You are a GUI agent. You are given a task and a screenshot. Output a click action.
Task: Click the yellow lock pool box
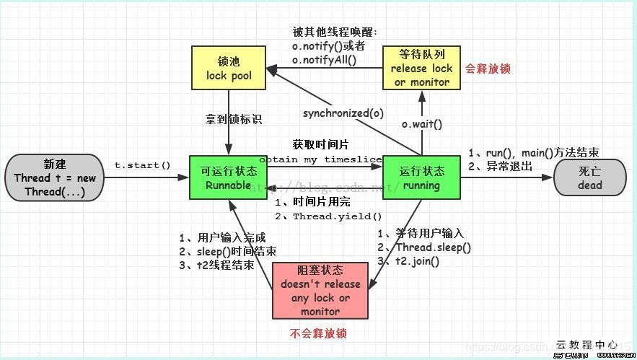pos(228,67)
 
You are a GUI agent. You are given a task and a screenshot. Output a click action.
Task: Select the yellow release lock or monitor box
pos(421,67)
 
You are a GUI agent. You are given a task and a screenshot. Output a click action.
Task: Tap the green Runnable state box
pos(228,177)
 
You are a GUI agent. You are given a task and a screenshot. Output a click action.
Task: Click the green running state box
pos(421,177)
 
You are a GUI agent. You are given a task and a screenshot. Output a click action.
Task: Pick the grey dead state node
pos(589,177)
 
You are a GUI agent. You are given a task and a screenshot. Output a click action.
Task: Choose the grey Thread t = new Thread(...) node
pos(54,177)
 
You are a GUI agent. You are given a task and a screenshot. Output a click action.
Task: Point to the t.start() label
pos(143,165)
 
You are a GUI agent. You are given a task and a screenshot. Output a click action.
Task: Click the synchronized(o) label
pos(343,113)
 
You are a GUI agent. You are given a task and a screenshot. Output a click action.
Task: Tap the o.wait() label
pos(422,124)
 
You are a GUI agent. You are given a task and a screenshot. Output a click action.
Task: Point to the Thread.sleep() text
pos(433,247)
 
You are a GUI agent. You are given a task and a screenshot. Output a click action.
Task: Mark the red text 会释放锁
pos(488,69)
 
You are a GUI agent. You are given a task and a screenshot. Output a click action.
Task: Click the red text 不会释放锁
pos(318,333)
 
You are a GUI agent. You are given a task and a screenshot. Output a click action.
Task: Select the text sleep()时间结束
pos(224,251)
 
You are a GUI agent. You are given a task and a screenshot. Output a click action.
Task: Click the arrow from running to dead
pos(505,177)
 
